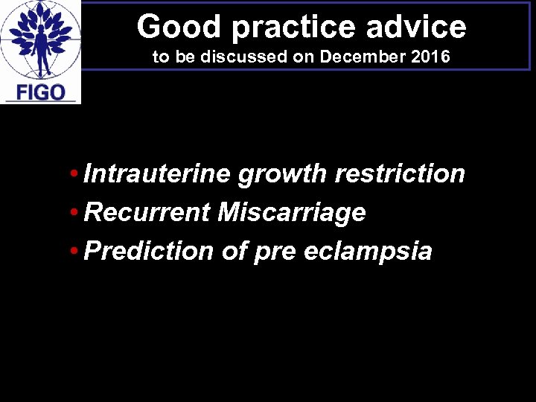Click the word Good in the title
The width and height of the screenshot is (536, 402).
pyautogui.click(x=170, y=27)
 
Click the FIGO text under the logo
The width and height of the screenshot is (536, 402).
pyautogui.click(x=41, y=92)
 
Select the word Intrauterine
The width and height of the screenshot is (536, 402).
pyautogui.click(x=158, y=174)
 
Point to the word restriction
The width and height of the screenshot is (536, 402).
pyautogui.click(x=400, y=174)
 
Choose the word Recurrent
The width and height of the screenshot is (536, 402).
pyautogui.click(x=147, y=213)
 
